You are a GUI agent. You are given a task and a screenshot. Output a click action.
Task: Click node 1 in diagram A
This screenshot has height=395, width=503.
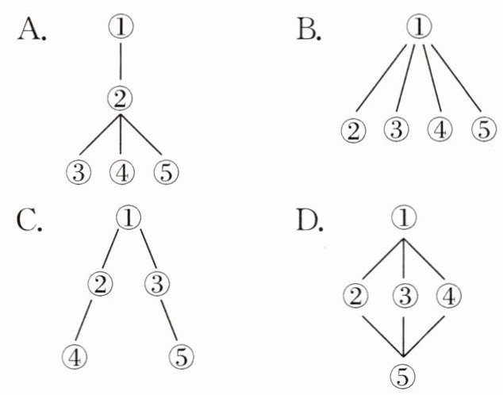pyautogui.click(x=121, y=29)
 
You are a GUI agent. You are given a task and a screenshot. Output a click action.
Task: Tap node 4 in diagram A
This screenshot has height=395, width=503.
pyautogui.click(x=121, y=171)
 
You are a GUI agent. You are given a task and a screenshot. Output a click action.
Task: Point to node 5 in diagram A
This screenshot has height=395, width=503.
pyautogui.click(x=165, y=171)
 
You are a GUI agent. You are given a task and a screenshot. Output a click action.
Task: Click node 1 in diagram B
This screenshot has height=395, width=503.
pyautogui.click(x=417, y=29)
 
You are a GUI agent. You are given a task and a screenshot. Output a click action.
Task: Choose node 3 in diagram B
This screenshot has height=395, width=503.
pyautogui.click(x=396, y=128)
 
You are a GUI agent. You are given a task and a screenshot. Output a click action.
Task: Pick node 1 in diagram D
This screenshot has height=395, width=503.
pyautogui.click(x=405, y=216)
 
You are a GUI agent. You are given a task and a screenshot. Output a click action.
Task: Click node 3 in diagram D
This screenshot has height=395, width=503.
pyautogui.click(x=405, y=297)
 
